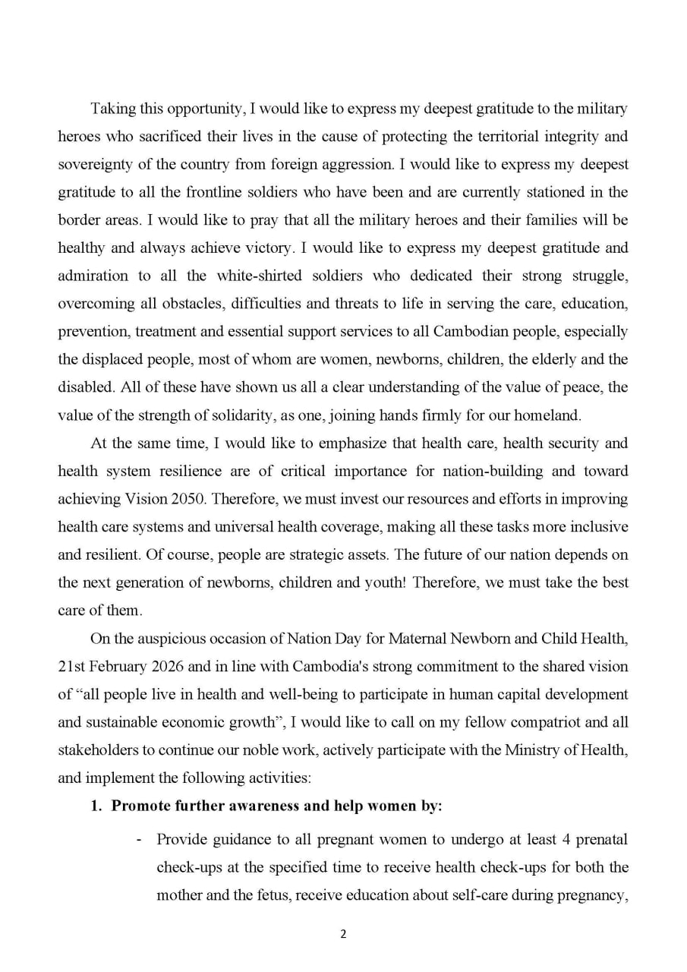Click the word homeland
[x=552, y=415]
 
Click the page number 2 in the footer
[x=343, y=934]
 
